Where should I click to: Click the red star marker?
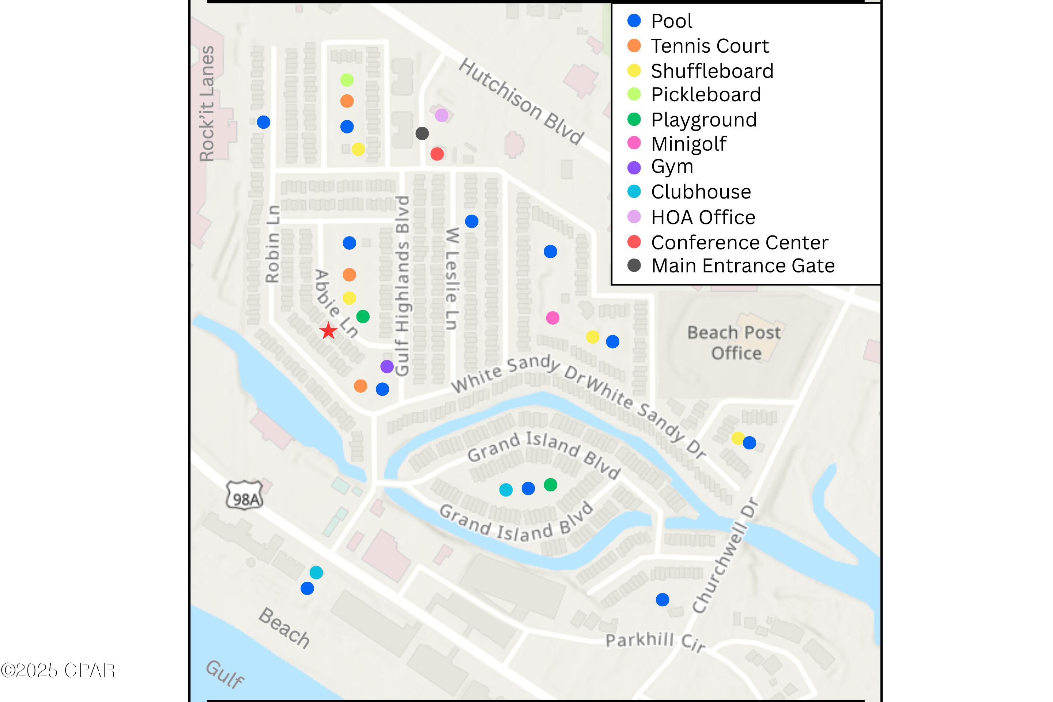[x=329, y=331]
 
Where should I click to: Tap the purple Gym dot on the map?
[x=387, y=366]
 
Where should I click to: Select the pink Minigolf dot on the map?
[x=552, y=318]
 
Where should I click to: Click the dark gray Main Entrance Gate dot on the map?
[x=422, y=133]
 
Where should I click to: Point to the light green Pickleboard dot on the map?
[x=347, y=80]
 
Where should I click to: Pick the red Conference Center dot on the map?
[x=437, y=154]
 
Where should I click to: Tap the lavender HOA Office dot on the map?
[x=441, y=115]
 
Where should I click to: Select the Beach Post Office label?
[x=734, y=343]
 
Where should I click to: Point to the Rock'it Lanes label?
[x=207, y=103]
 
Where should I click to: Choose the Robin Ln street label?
[x=272, y=244]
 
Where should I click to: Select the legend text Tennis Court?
[x=709, y=46]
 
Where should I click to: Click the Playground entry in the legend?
[x=703, y=120]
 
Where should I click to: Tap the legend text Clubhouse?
[x=701, y=192]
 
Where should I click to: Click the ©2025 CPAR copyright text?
[x=58, y=670]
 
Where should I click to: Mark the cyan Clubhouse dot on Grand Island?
[x=505, y=490]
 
